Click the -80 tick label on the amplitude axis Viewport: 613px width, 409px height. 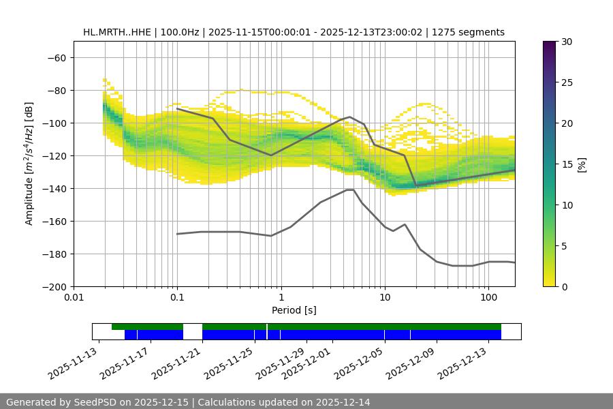[x=56, y=90]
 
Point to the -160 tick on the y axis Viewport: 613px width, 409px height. [x=53, y=221]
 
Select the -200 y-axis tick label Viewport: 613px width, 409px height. [x=53, y=286]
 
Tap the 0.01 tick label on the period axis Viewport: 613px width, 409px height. [x=74, y=298]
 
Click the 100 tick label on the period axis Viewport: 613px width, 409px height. [x=488, y=298]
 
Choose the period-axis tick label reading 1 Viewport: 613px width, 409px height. [x=281, y=298]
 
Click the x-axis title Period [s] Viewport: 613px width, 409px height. [x=294, y=310]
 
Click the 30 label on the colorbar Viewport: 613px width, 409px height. [x=566, y=42]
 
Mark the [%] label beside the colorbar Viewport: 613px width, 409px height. [x=582, y=164]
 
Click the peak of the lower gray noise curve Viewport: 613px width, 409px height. [x=350, y=190]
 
